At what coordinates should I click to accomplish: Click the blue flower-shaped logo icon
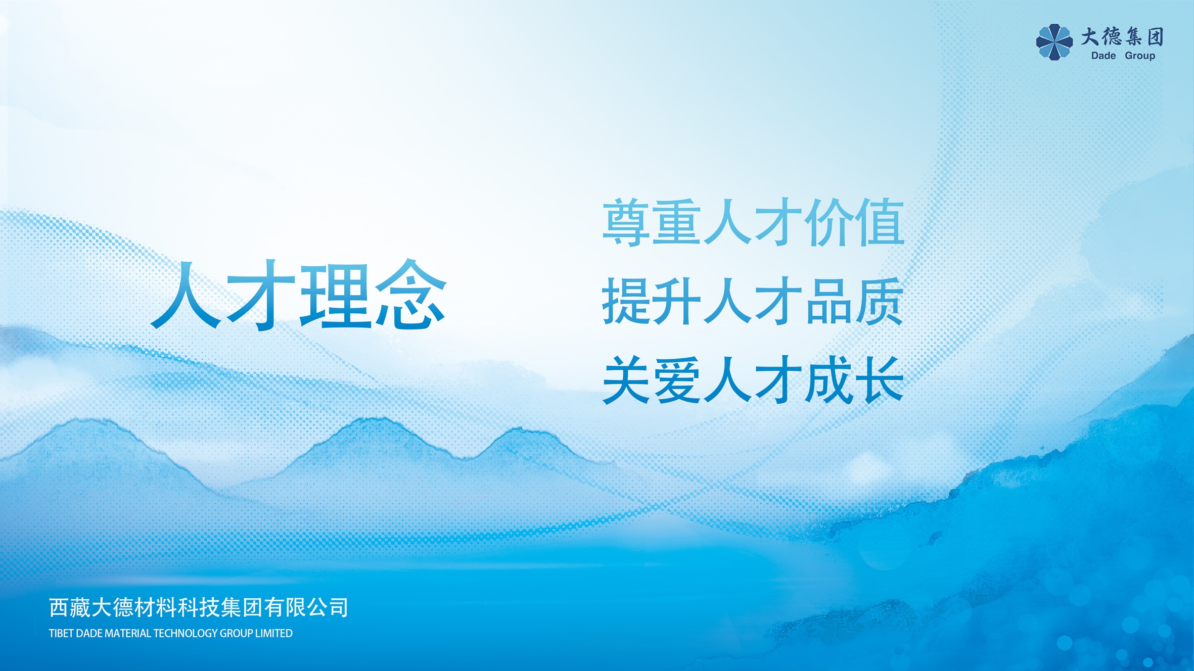[1054, 42]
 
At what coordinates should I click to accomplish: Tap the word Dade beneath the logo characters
[1104, 56]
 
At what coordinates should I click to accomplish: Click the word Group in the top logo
[1140, 56]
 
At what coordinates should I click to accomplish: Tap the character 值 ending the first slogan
[879, 222]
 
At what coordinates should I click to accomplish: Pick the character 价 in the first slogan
[829, 222]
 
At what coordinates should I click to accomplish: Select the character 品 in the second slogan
[829, 301]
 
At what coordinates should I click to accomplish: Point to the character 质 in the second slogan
[879, 301]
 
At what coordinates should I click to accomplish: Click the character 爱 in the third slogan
[677, 379]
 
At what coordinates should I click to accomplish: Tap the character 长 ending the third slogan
[879, 379]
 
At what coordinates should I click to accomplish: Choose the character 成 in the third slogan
[829, 379]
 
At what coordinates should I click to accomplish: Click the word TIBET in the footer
[61, 634]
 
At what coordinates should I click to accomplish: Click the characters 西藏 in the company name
[70, 607]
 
